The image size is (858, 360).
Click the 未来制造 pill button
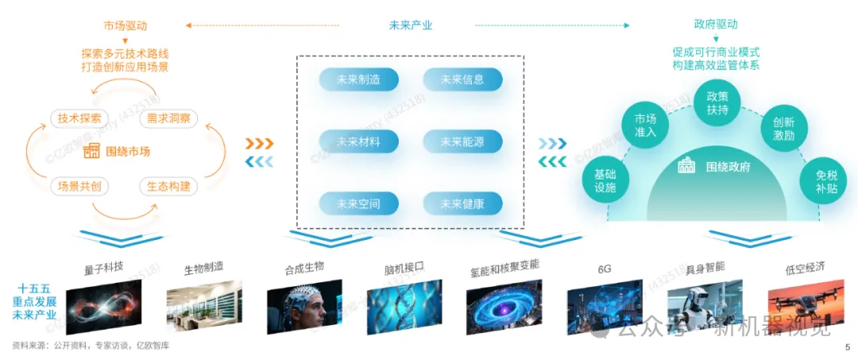point(357,79)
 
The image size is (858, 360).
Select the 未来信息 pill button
point(462,79)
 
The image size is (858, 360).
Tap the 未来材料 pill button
point(357,142)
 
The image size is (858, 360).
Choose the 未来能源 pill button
point(462,142)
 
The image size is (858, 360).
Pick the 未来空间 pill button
point(357,204)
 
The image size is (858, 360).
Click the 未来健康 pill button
point(462,204)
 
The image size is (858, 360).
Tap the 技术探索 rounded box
point(79,118)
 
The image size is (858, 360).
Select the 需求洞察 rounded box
point(168,118)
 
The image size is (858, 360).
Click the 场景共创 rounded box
point(79,186)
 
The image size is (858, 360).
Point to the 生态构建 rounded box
point(168,186)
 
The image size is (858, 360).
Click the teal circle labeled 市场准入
point(645,126)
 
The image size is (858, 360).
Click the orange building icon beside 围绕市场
point(92,151)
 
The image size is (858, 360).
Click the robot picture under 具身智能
point(694,306)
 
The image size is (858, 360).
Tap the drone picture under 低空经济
point(794,306)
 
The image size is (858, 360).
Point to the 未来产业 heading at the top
point(411,25)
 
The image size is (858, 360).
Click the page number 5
point(847,347)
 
